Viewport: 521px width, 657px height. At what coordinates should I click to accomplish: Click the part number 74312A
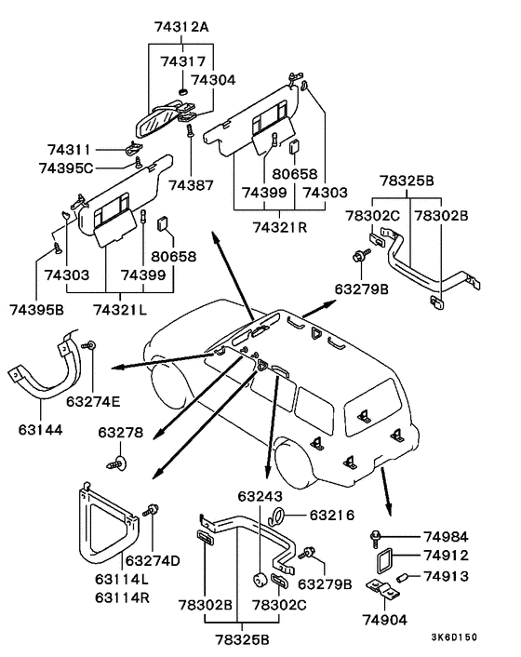pyautogui.click(x=181, y=27)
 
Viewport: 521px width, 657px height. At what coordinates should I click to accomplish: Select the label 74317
pyautogui.click(x=183, y=61)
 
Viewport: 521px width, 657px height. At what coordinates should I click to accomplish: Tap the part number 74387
pyautogui.click(x=191, y=185)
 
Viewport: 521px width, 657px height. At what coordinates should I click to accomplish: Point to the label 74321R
pyautogui.click(x=280, y=227)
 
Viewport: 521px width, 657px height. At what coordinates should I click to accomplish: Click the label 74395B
pyautogui.click(x=37, y=310)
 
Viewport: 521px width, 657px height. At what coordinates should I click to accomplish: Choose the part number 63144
pyautogui.click(x=40, y=430)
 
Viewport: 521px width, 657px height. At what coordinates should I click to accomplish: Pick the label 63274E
pyautogui.click(x=93, y=401)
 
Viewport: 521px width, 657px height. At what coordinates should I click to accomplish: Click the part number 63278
pyautogui.click(x=121, y=432)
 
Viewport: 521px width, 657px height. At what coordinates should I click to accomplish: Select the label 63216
pyautogui.click(x=332, y=515)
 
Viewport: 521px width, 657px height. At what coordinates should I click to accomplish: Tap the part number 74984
pyautogui.click(x=446, y=537)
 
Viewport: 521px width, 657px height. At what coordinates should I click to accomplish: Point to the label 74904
pyautogui.click(x=385, y=620)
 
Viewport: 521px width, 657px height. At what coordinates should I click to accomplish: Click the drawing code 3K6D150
pyautogui.click(x=454, y=637)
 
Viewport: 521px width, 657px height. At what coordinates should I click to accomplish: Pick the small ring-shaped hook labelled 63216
pyautogui.click(x=277, y=515)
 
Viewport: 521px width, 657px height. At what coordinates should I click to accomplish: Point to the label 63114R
pyautogui.click(x=122, y=597)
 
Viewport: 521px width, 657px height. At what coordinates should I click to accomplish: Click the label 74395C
pyautogui.click(x=66, y=168)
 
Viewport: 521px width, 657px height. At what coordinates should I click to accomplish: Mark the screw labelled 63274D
pyautogui.click(x=152, y=511)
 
